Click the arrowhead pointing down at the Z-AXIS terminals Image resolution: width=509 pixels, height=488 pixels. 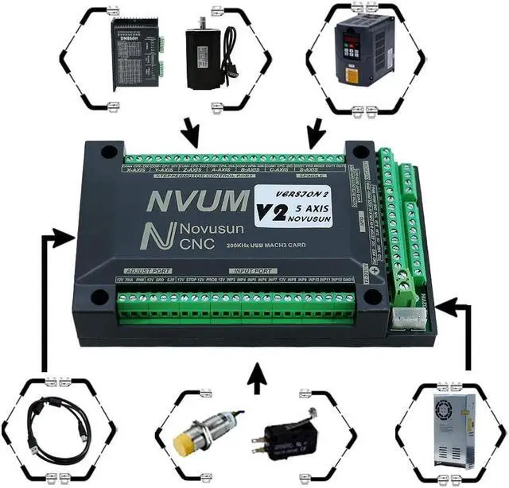(x=192, y=135)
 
